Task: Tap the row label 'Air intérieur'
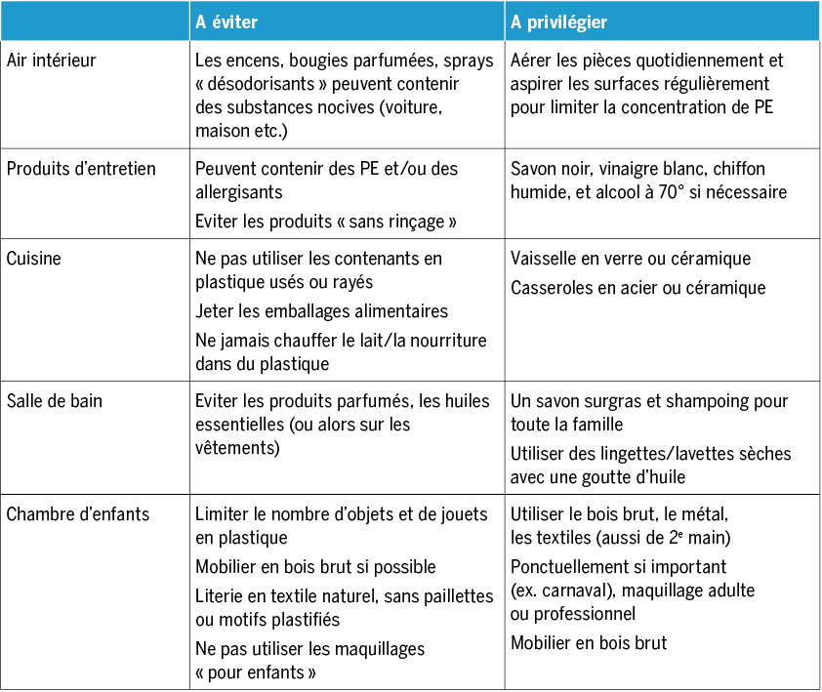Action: click(x=52, y=61)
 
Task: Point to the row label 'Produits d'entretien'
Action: click(x=81, y=169)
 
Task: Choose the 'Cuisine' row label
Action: click(x=34, y=259)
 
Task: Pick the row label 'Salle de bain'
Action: click(x=55, y=401)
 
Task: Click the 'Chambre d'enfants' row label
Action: click(x=78, y=512)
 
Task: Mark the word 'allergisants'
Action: click(x=240, y=192)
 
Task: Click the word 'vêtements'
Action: click(x=237, y=448)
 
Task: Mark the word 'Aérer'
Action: click(x=533, y=61)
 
